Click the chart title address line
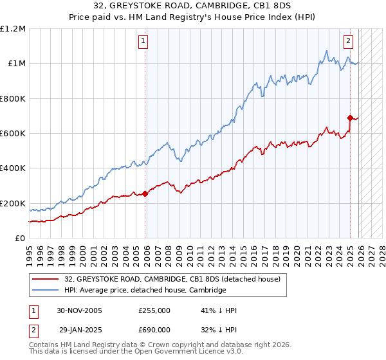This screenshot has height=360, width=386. (193, 6)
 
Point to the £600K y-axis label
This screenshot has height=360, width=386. (13, 134)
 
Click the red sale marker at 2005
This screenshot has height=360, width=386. (145, 194)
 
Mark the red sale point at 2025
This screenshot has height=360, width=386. (350, 118)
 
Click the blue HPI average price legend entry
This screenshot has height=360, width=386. (145, 291)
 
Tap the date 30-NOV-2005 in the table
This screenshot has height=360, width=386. (80, 310)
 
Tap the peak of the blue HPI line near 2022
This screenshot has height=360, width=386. (327, 51)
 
